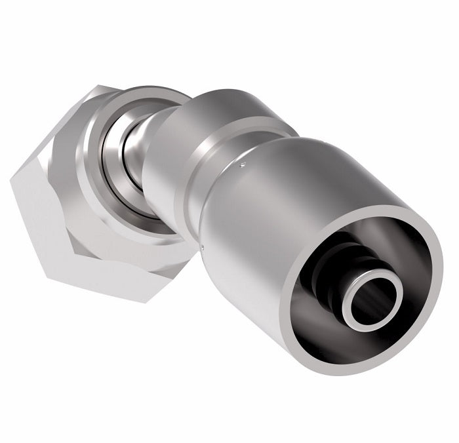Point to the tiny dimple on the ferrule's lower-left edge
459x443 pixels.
pyautogui.click(x=205, y=247)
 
